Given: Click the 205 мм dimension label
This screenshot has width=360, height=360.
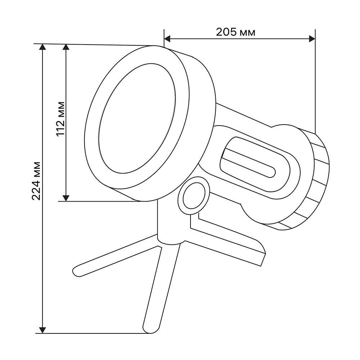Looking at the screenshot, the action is [x=235, y=32].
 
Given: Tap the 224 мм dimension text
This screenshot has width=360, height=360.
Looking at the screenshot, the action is [x=36, y=181].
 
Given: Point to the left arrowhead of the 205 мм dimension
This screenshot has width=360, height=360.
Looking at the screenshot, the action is [x=167, y=39].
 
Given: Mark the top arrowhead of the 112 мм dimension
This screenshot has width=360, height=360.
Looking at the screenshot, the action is [x=66, y=47].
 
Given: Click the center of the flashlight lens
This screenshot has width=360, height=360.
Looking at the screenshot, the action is [x=138, y=118].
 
